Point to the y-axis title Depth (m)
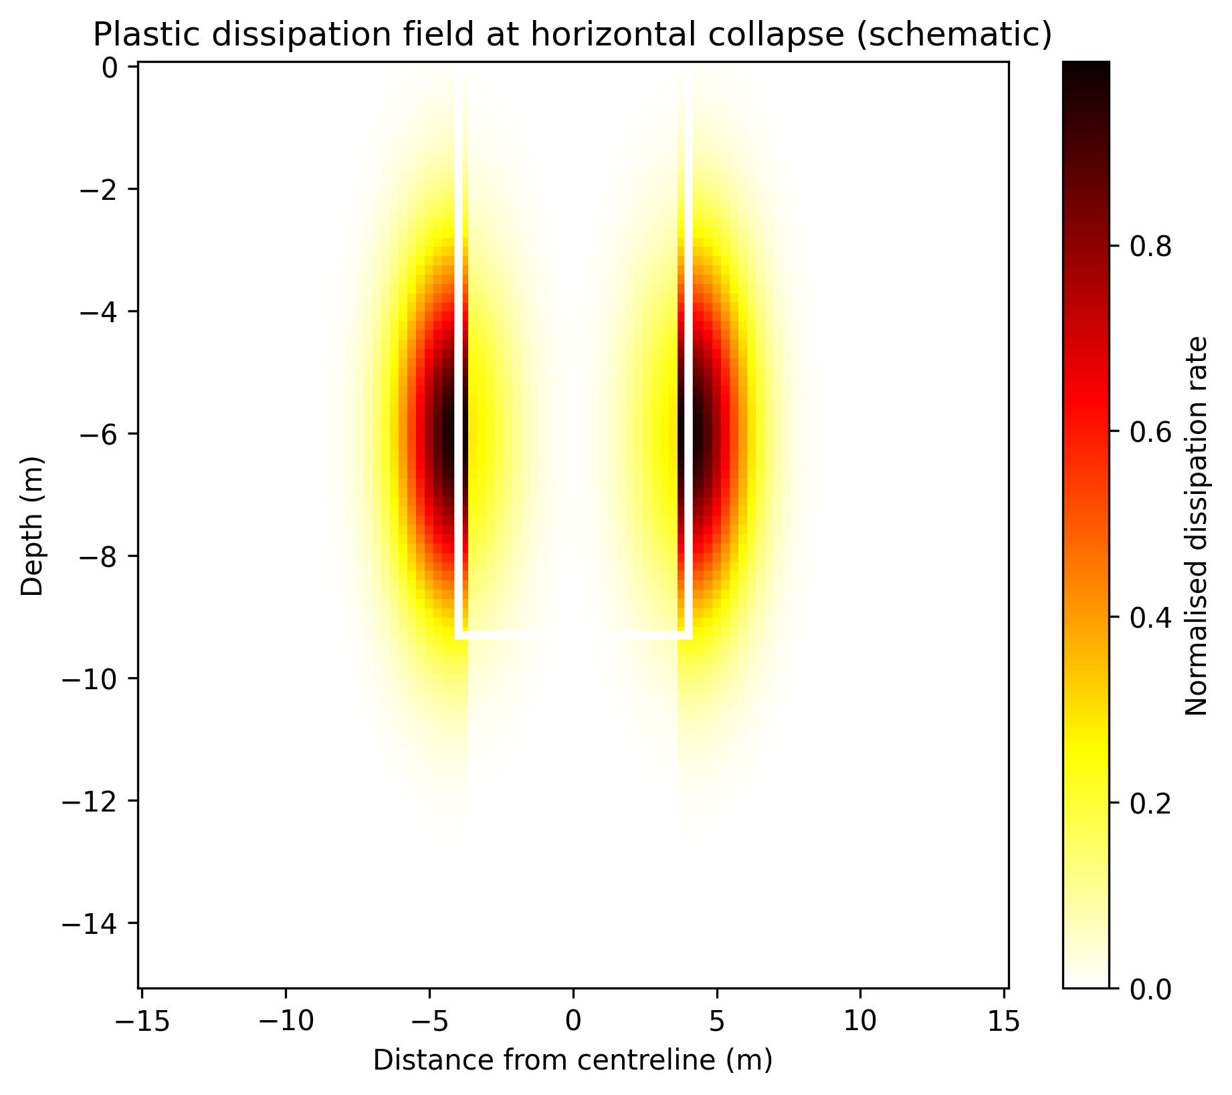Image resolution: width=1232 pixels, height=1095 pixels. pos(31,526)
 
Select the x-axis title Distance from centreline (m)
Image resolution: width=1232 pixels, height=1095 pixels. pos(573,1060)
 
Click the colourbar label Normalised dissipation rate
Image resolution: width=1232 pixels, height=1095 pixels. pos(1197,526)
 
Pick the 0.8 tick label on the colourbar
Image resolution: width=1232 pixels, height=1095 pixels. pos(1150,247)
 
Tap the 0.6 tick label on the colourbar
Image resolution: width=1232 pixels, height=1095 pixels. pos(1150,432)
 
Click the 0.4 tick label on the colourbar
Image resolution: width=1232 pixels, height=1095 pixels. pos(1150,617)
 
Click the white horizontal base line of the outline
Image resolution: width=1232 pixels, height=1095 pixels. pos(573,635)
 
